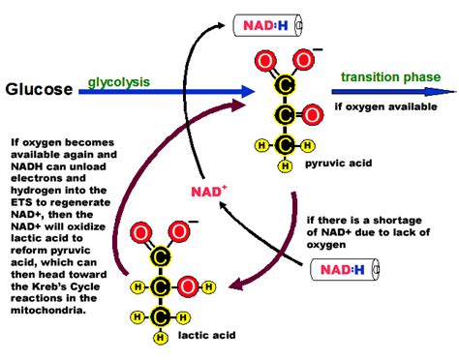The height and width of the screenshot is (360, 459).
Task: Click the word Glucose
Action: [x=39, y=89]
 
